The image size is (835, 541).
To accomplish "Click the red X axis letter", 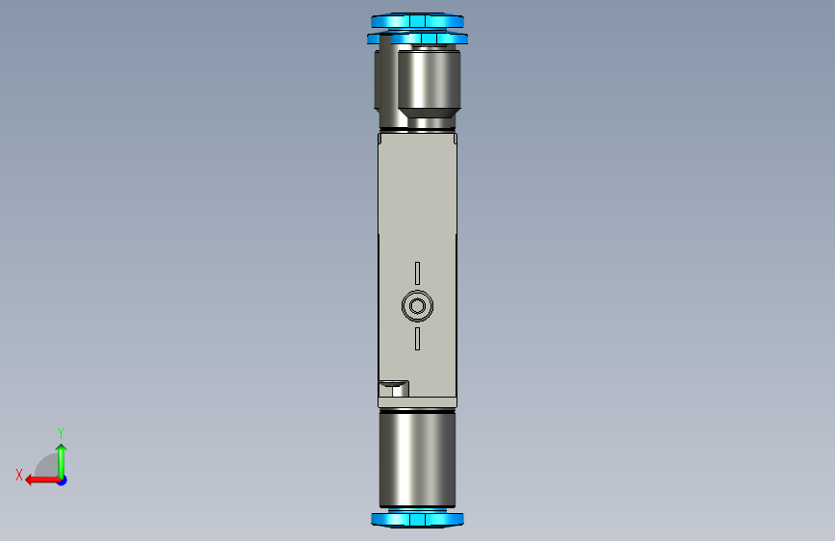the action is pyautogui.click(x=19, y=475).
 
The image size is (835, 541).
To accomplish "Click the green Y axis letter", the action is pyautogui.click(x=61, y=432).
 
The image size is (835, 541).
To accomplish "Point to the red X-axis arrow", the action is pyautogui.click(x=42, y=480).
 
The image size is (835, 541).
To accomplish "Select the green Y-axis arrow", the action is pyautogui.click(x=62, y=461).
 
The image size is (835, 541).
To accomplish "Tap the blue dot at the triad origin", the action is pyautogui.click(x=63, y=480).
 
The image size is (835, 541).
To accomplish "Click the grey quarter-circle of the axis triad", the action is pyautogui.click(x=47, y=467).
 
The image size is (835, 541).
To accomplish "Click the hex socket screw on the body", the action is pyautogui.click(x=418, y=306).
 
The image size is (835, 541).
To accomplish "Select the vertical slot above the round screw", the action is pyautogui.click(x=418, y=273).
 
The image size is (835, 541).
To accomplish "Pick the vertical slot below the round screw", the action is pyautogui.click(x=418, y=339).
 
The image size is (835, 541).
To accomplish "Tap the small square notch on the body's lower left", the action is pyautogui.click(x=394, y=389).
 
